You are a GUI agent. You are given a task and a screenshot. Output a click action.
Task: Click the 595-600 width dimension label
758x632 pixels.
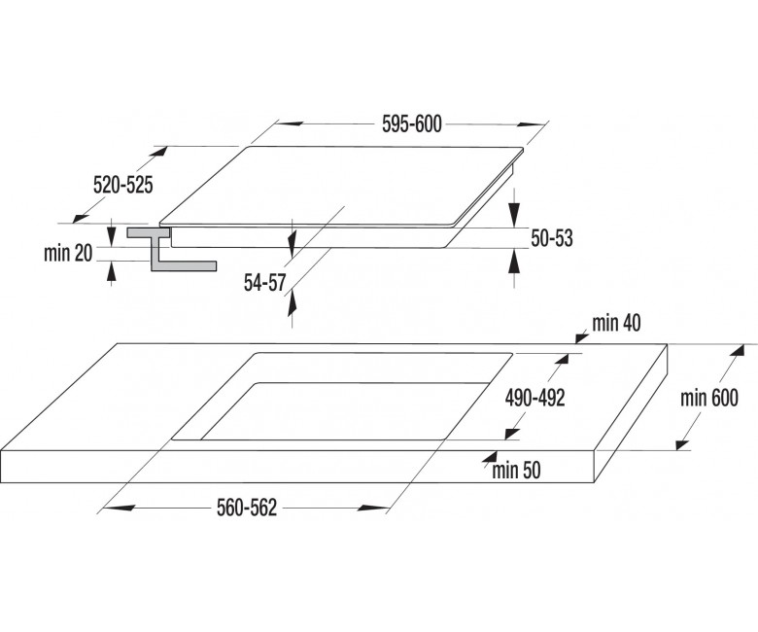pos(411,124)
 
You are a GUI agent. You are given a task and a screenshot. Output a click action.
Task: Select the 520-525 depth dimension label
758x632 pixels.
pos(122,185)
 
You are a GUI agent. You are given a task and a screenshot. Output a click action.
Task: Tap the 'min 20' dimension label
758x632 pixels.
pos(68,253)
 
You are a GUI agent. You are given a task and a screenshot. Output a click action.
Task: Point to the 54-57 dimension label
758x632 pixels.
pos(265,283)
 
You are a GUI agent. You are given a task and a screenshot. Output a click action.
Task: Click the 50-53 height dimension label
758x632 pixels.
pos(552,238)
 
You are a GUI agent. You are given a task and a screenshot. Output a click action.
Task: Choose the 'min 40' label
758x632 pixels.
pos(616,323)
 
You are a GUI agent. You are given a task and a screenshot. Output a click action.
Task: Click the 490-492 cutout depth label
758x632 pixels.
pos(534,398)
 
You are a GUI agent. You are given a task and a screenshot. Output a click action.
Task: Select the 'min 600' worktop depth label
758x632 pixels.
pos(709,398)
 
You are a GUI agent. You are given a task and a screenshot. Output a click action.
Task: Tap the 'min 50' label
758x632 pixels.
pos(516,470)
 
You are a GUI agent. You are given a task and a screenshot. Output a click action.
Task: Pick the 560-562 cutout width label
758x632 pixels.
pos(247,508)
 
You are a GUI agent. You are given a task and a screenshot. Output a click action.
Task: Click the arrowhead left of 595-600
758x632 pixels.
pos(289,123)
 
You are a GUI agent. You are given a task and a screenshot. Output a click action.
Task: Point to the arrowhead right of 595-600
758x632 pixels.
pos(531,124)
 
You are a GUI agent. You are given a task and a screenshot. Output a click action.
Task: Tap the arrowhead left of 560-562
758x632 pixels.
pos(119,508)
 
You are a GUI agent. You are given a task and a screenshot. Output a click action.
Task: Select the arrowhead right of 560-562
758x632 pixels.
pos(373,508)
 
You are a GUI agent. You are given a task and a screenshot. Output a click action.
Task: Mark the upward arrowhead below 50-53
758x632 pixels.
pos(515,262)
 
